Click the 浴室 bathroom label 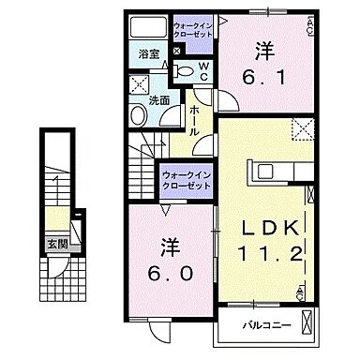point(147,54)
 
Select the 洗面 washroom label point(158,100)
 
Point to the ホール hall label point(194,119)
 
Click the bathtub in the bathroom point(149,25)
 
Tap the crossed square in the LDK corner point(304,128)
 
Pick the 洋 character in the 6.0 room point(166,245)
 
